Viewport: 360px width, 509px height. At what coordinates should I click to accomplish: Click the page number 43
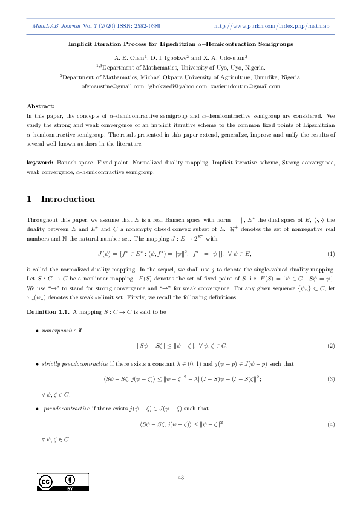(180, 478)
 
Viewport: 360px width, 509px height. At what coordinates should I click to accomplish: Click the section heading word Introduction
(68, 199)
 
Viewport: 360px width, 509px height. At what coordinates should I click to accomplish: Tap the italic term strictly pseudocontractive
(74, 365)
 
